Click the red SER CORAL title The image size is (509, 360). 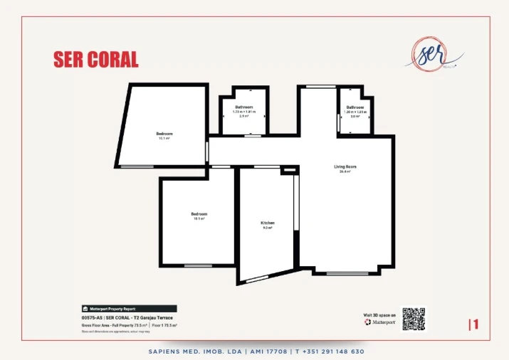tap(96, 59)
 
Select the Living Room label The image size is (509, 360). tap(345, 167)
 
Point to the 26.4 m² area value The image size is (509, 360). tap(345, 172)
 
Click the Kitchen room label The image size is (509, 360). tap(267, 223)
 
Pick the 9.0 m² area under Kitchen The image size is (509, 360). tap(267, 228)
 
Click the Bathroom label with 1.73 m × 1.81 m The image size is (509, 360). tap(245, 107)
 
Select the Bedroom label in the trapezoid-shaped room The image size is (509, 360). tap(164, 134)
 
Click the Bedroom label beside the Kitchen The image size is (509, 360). tap(199, 214)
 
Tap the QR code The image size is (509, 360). tap(413, 319)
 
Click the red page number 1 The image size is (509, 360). tap(476, 324)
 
